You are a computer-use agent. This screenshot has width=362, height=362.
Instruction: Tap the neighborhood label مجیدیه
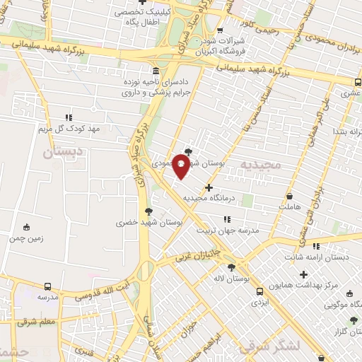coord(261,163)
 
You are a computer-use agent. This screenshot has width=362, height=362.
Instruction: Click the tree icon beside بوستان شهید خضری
coord(148,211)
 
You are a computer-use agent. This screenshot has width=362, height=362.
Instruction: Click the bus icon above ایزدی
coord(260,291)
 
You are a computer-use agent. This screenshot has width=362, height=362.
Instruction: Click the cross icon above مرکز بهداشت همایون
coord(304,274)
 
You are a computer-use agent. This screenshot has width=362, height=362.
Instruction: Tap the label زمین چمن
coord(27,238)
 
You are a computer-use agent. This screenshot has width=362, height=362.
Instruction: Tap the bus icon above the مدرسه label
coord(47,286)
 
